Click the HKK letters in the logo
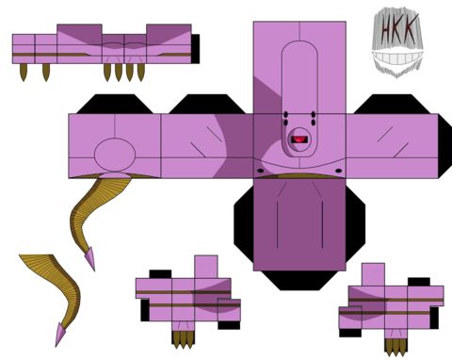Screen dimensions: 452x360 (x=398, y=29)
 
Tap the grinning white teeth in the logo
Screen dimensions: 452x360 (x=397, y=58)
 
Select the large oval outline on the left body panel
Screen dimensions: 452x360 (x=115, y=153)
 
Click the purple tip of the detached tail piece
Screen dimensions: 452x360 (x=60, y=335)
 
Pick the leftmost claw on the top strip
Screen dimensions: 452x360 (x=24, y=73)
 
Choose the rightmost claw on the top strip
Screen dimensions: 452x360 (x=141, y=73)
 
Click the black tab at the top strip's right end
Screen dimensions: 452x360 (x=195, y=49)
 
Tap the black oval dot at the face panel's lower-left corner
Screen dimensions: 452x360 (x=261, y=171)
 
